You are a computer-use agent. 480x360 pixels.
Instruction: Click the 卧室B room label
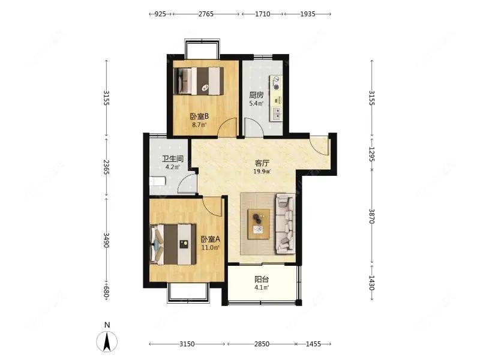(199, 116)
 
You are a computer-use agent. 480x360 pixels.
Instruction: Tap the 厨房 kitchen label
(256, 95)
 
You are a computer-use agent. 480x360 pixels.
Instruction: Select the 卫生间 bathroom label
(173, 159)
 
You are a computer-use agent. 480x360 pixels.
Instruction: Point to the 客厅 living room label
(262, 163)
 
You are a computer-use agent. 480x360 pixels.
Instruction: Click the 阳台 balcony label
(262, 279)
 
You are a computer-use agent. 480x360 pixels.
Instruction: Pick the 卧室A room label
(211, 239)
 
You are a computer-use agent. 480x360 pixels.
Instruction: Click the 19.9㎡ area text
(262, 172)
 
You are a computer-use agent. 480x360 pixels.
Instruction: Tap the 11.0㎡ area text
(211, 248)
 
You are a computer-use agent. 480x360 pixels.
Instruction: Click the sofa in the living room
(286, 224)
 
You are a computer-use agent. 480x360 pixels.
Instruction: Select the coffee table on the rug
(259, 224)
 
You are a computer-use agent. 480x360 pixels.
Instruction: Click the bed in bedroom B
(199, 81)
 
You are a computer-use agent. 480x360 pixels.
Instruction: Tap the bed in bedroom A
(173, 244)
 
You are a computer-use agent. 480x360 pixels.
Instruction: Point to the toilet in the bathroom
(158, 181)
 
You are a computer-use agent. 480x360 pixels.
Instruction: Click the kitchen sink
(277, 113)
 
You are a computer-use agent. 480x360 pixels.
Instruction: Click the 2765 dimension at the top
(206, 14)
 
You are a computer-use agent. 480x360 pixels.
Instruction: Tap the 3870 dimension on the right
(371, 216)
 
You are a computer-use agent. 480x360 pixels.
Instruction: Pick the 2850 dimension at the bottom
(262, 344)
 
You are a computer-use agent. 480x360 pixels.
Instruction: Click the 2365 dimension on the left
(107, 167)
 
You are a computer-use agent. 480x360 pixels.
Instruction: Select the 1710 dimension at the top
(263, 14)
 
